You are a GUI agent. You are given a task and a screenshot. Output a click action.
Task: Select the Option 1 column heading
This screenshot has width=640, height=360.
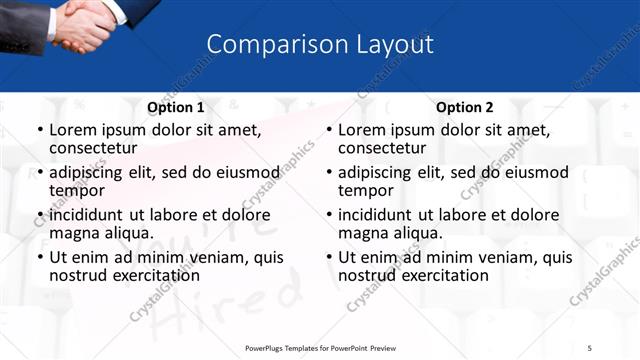point(176,107)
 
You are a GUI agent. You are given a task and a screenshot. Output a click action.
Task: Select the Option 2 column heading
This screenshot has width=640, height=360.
point(465,107)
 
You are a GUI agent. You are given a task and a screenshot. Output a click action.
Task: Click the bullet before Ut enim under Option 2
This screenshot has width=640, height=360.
point(330,257)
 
